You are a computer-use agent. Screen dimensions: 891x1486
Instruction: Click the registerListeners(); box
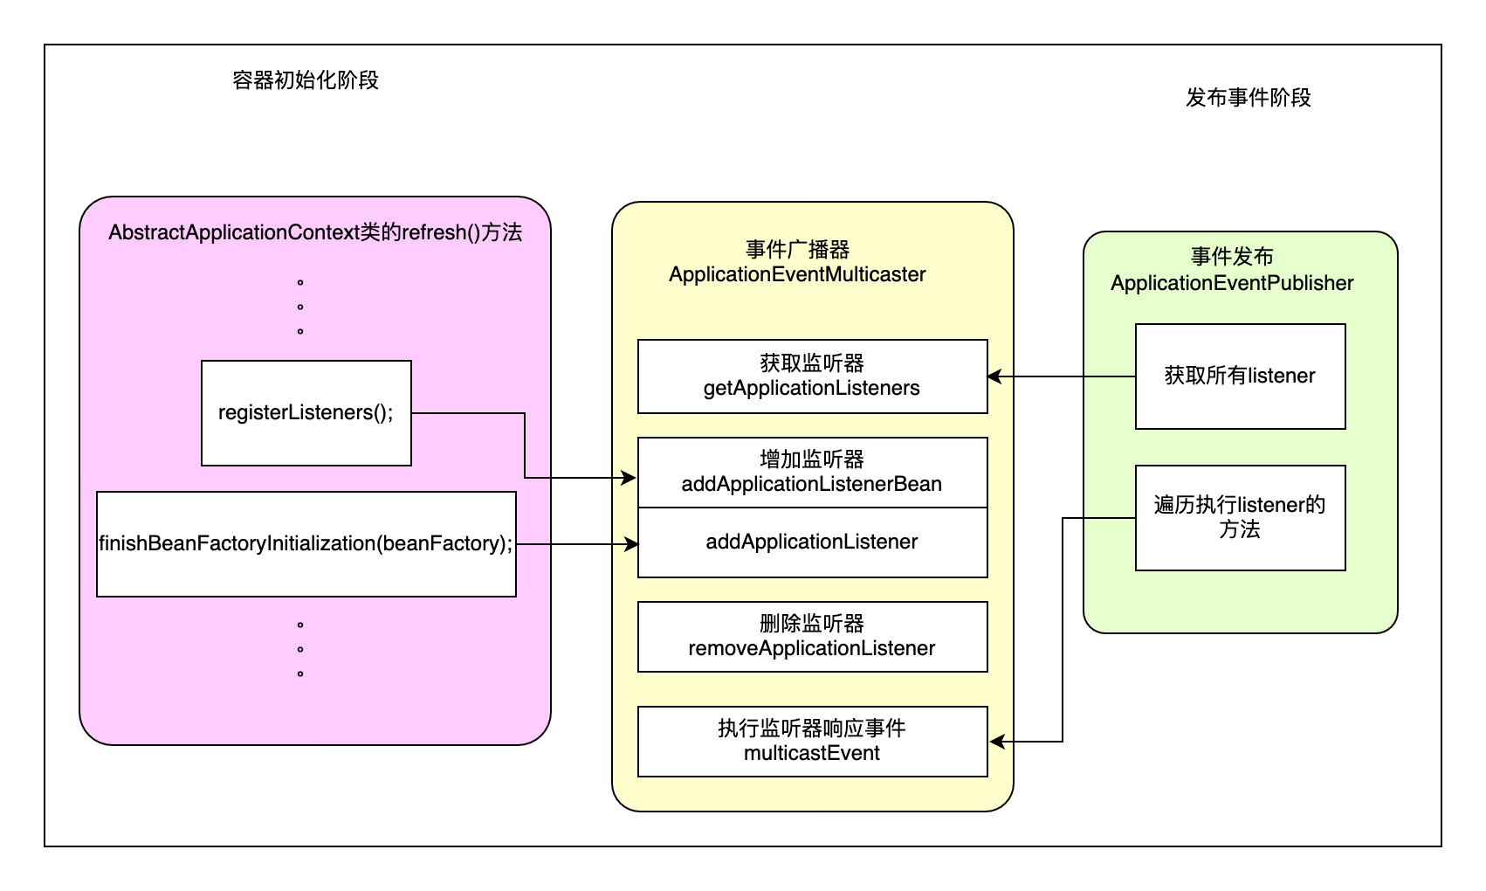coord(306,412)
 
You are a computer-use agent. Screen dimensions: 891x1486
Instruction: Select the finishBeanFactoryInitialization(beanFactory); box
coord(306,543)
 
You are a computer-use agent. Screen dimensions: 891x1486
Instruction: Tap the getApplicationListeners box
coord(812,376)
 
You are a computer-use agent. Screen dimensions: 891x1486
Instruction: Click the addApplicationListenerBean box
coord(812,473)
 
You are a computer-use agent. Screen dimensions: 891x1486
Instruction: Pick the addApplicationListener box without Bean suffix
coord(812,542)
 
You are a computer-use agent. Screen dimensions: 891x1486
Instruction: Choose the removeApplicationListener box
coord(812,637)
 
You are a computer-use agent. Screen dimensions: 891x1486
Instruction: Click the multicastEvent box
coord(812,742)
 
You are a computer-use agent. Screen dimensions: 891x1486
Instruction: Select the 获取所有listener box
coord(1240,376)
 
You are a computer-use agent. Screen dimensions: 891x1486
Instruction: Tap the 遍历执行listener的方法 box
coord(1240,518)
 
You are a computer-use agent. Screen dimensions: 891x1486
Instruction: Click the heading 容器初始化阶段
coord(306,80)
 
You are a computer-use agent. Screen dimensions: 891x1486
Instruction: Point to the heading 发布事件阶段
coord(1249,98)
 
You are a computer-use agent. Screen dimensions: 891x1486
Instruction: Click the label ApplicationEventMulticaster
coord(797,275)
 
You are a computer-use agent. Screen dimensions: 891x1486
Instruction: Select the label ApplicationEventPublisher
coord(1232,284)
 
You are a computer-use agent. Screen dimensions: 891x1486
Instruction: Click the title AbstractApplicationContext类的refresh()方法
coord(315,232)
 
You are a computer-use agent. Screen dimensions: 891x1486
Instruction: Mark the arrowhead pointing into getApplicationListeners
coord(994,376)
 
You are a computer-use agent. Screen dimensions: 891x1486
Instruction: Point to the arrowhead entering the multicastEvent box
coord(996,742)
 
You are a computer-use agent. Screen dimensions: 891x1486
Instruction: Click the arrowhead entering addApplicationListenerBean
coord(629,478)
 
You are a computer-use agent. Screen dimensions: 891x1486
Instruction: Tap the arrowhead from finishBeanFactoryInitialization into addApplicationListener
coord(631,544)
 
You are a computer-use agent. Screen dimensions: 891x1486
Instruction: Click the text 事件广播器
coord(797,250)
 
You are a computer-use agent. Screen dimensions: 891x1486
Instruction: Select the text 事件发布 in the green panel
coord(1232,257)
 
